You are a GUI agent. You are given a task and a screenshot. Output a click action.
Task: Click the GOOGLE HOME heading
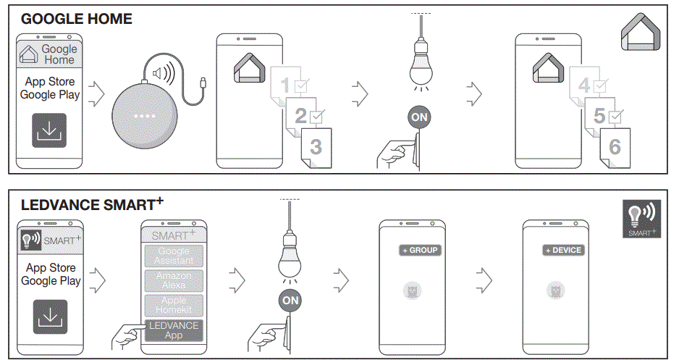point(76,19)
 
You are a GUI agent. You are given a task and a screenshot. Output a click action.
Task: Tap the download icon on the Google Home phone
point(49,131)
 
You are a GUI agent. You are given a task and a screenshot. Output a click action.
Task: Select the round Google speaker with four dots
point(143,116)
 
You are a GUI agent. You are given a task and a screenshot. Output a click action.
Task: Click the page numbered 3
point(316,147)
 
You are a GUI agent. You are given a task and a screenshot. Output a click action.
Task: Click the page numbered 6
point(614,147)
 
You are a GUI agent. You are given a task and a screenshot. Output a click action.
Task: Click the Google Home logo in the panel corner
point(641,34)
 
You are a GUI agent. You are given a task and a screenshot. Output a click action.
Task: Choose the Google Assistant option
point(174,256)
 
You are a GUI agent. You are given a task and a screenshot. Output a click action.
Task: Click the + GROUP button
point(420,250)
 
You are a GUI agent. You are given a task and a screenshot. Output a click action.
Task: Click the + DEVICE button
point(563,250)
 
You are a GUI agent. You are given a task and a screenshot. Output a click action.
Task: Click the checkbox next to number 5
point(616,116)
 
